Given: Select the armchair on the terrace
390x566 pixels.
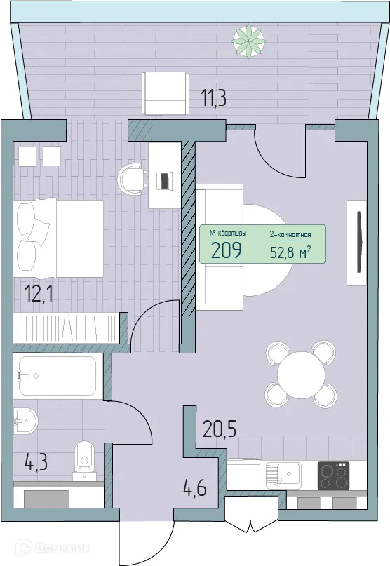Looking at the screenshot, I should (165, 92).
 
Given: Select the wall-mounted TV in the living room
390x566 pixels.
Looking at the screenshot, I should (359, 243).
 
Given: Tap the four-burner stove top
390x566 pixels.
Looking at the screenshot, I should (334, 476).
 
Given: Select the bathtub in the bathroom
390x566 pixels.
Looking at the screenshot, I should (58, 376).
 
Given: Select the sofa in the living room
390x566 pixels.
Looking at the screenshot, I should (219, 246).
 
